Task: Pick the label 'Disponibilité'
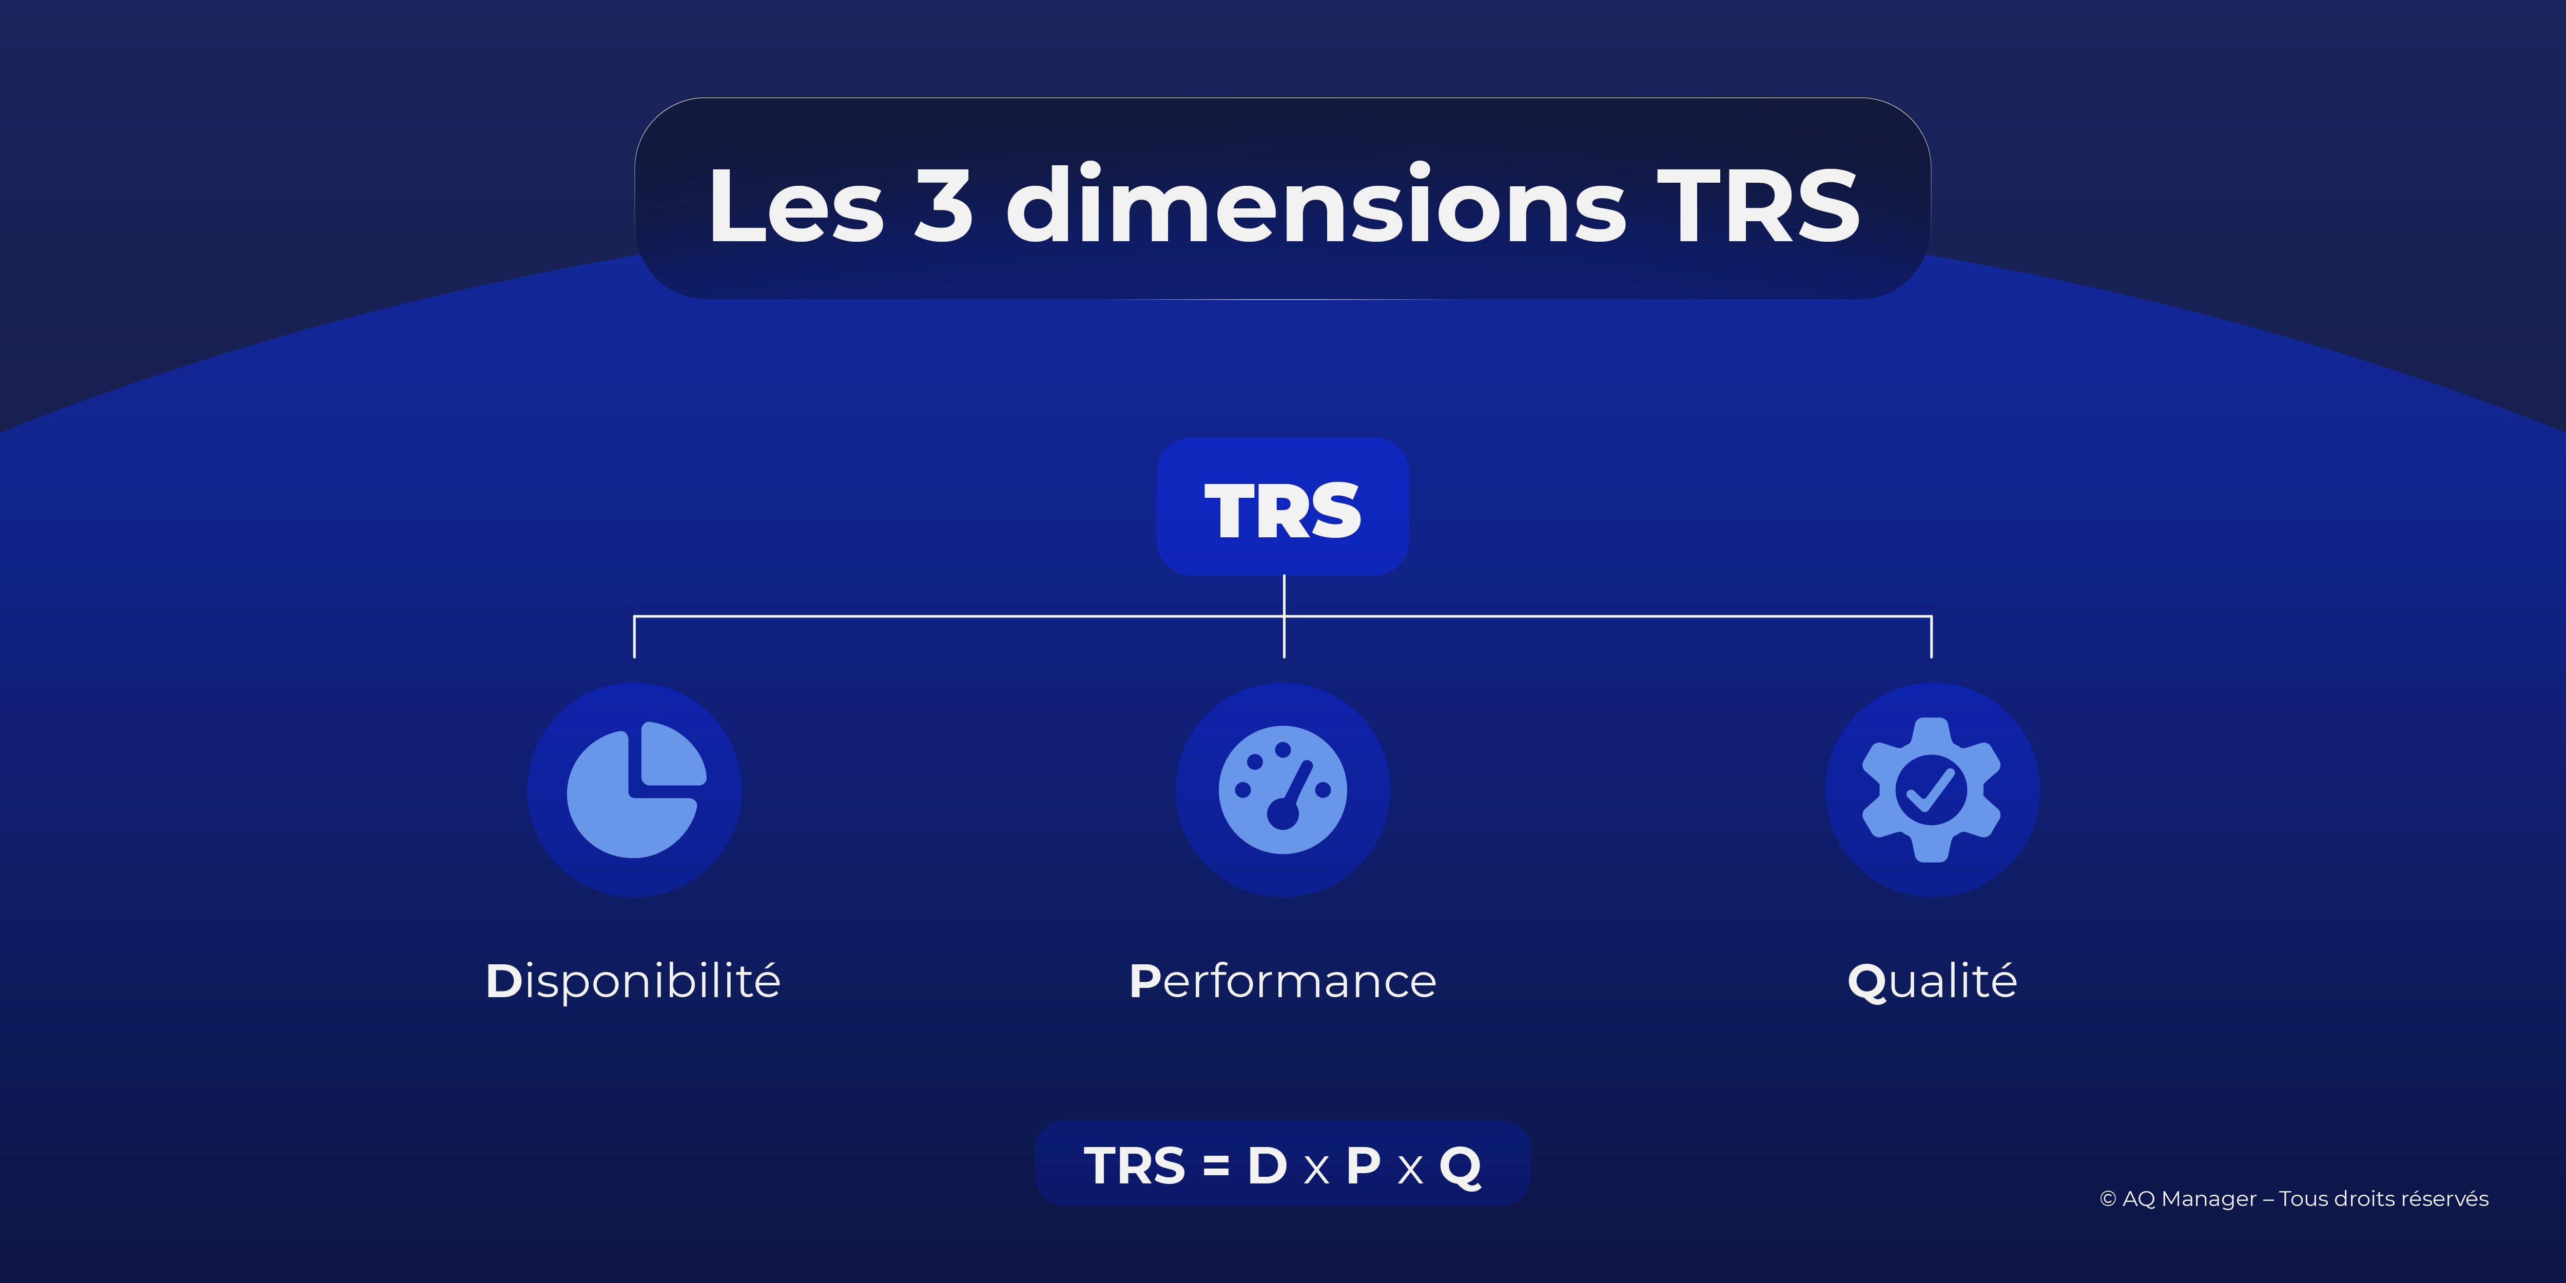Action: [633, 981]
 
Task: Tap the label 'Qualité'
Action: [1932, 981]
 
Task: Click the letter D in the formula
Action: [1267, 1165]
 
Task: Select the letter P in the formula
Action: [1363, 1165]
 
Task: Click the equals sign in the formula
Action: [1215, 1165]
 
